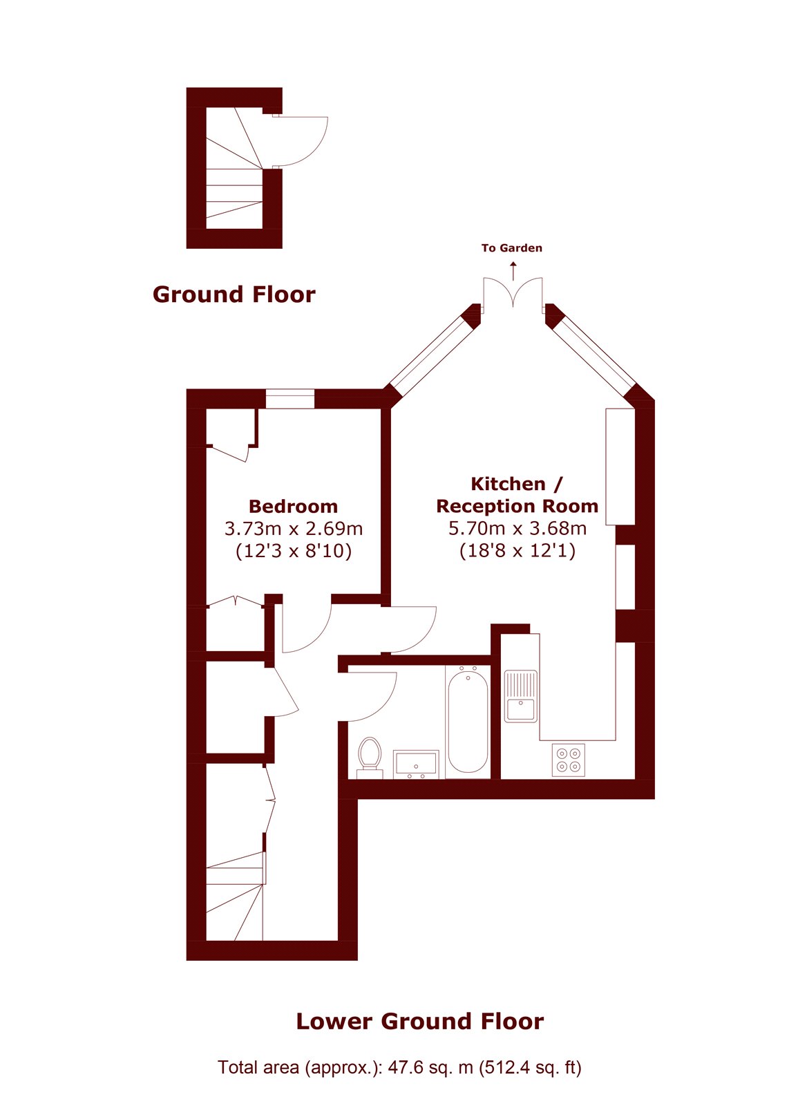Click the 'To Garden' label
click(512, 248)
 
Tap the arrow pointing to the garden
click(514, 271)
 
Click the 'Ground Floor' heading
click(234, 294)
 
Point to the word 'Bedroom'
click(293, 506)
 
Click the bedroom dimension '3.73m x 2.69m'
click(294, 529)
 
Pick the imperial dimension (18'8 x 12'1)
click(517, 550)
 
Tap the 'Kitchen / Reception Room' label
click(517, 495)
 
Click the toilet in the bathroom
click(370, 758)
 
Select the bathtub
click(468, 722)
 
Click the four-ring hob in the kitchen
click(568, 760)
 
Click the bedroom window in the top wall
click(289, 399)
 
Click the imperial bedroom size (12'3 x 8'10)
click(294, 550)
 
